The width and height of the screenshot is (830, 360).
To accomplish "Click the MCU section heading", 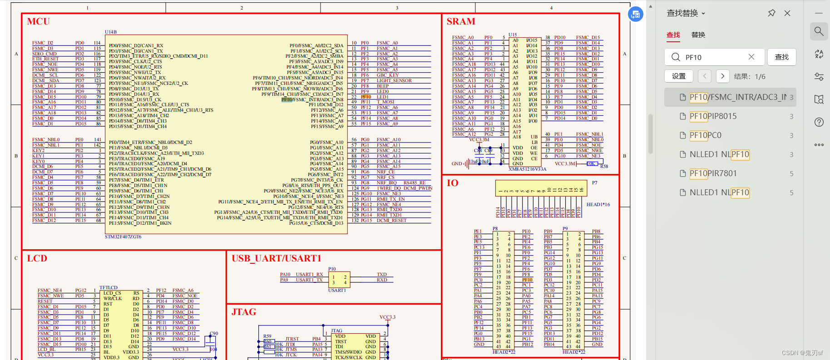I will tap(38, 21).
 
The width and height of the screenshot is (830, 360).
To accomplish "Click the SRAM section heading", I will tap(460, 21).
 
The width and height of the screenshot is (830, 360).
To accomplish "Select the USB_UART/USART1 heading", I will tap(277, 258).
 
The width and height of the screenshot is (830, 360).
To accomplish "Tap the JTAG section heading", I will tap(244, 312).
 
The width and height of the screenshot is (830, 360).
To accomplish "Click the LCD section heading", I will tap(37, 258).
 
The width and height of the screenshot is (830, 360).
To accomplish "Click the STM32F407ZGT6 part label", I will tap(123, 237).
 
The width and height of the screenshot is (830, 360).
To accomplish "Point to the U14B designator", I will tap(111, 32).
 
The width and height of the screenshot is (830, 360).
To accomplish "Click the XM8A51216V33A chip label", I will tap(527, 169).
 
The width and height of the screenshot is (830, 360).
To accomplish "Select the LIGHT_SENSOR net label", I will tap(394, 81).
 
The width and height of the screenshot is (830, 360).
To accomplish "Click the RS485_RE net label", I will tap(414, 183).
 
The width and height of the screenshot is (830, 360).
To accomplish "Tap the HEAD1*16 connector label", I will tap(598, 205).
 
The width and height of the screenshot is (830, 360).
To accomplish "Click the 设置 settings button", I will tap(679, 76).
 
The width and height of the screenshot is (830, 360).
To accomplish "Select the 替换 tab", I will tap(698, 35).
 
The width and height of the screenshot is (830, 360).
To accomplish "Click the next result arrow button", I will tap(722, 76).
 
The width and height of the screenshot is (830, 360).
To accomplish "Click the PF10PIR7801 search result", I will tap(713, 173).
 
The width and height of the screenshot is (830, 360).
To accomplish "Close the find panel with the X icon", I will tap(787, 13).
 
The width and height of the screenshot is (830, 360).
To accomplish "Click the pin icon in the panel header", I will tap(771, 13).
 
